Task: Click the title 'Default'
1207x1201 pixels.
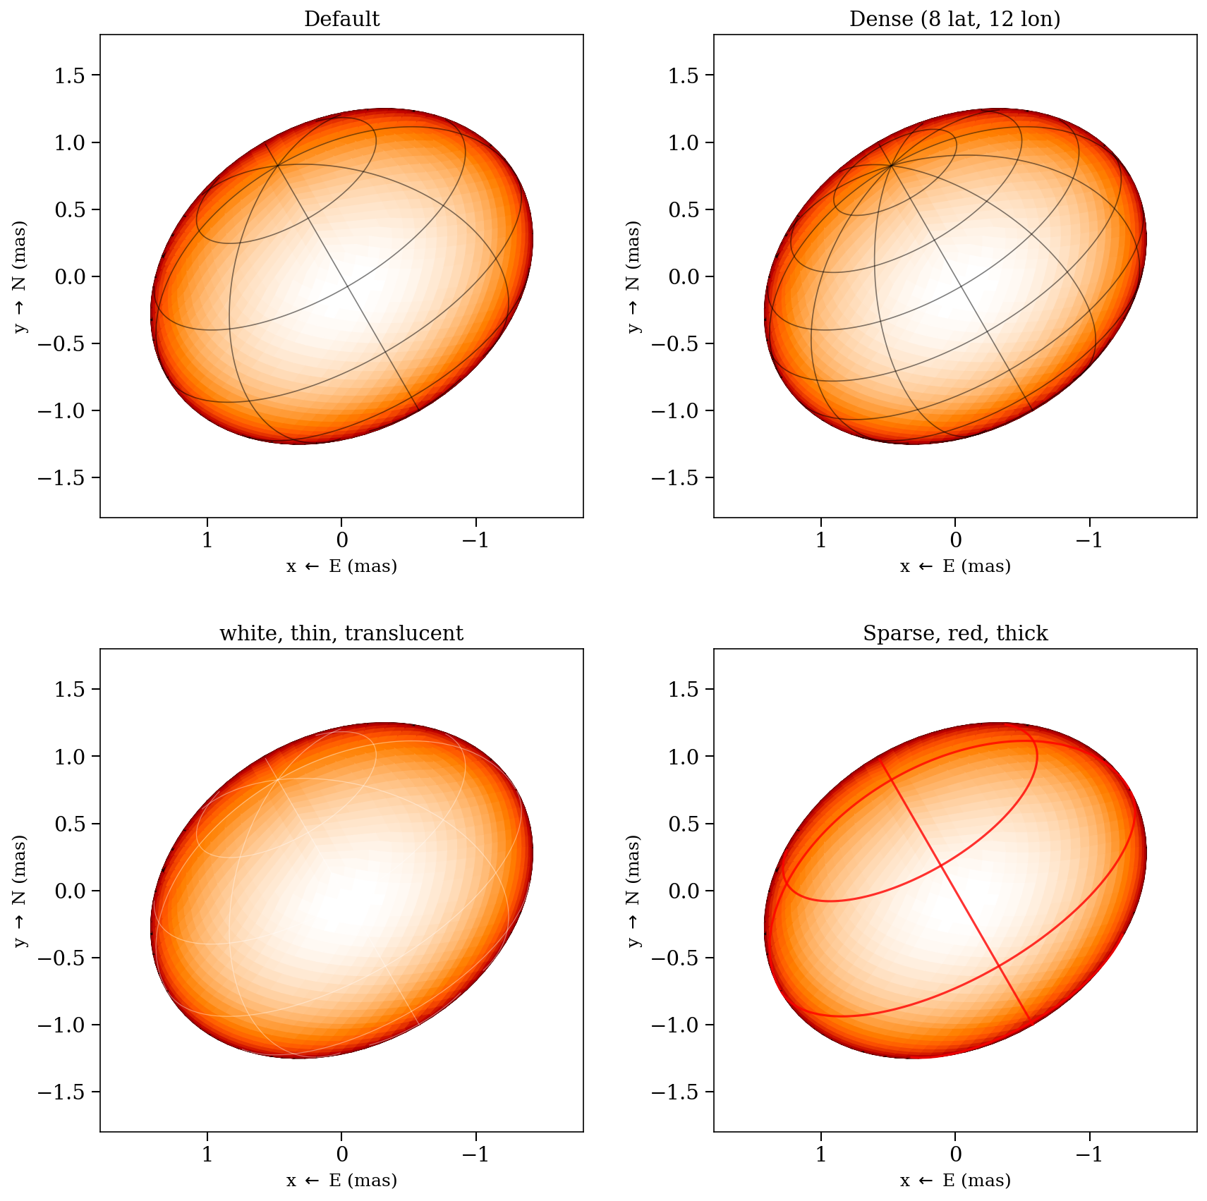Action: pyautogui.click(x=341, y=19)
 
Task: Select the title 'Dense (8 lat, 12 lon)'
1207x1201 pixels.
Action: pyautogui.click(x=954, y=19)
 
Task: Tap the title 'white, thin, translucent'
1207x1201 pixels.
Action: pyautogui.click(x=341, y=633)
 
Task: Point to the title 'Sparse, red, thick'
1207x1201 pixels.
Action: pyautogui.click(x=955, y=633)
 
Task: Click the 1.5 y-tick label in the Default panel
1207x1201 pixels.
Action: pyautogui.click(x=68, y=75)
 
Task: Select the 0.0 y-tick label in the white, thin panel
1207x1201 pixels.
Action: pyautogui.click(x=68, y=891)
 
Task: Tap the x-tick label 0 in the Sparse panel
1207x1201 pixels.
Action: pyautogui.click(x=955, y=1154)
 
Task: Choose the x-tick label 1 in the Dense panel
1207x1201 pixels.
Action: pyautogui.click(x=820, y=541)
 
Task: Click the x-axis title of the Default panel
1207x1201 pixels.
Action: pyautogui.click(x=341, y=566)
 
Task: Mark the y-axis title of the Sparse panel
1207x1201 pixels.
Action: pyautogui.click(x=633, y=891)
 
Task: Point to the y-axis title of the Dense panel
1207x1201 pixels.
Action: pyautogui.click(x=633, y=276)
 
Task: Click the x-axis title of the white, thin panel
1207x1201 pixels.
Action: pyautogui.click(x=341, y=1180)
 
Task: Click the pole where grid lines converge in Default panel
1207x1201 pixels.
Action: pyautogui.click(x=278, y=165)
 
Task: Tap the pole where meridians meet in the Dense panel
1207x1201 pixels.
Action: pyautogui.click(x=892, y=165)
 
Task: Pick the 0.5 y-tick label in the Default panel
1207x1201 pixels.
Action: pyautogui.click(x=68, y=209)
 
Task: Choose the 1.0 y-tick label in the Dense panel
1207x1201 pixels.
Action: pyautogui.click(x=682, y=142)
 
